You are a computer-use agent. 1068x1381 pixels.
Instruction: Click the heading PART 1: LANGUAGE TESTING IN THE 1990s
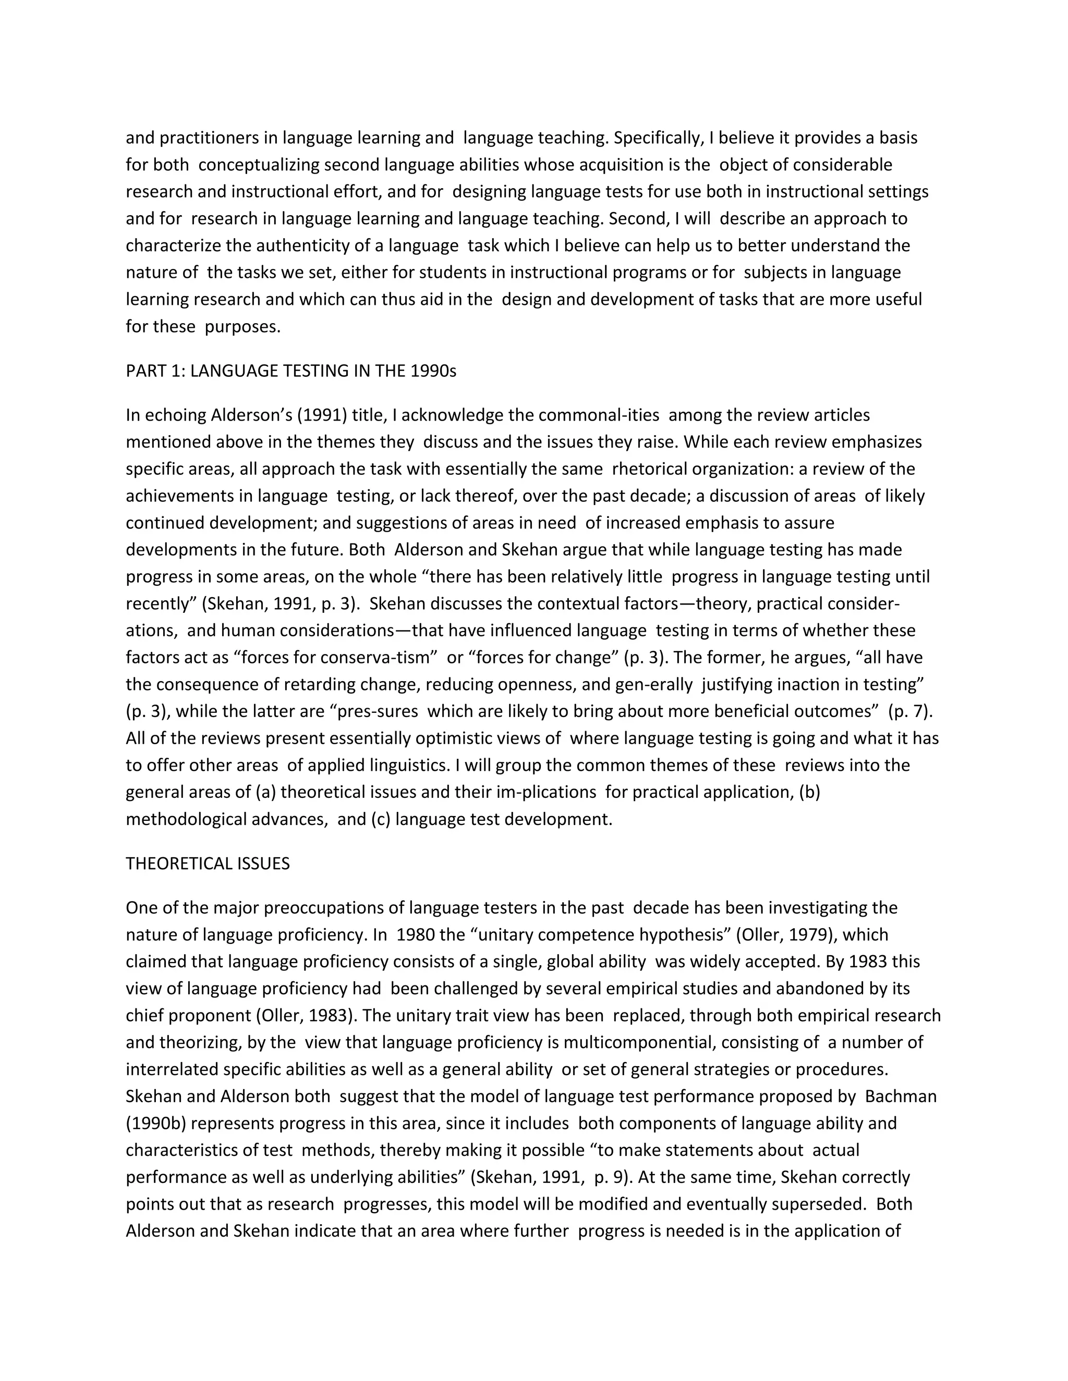[x=290, y=371]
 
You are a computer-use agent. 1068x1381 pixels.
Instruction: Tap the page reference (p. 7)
[x=911, y=711]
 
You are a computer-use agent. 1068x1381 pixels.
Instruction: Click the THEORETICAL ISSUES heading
[x=208, y=864]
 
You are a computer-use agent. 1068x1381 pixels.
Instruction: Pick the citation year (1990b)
[x=155, y=1124]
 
